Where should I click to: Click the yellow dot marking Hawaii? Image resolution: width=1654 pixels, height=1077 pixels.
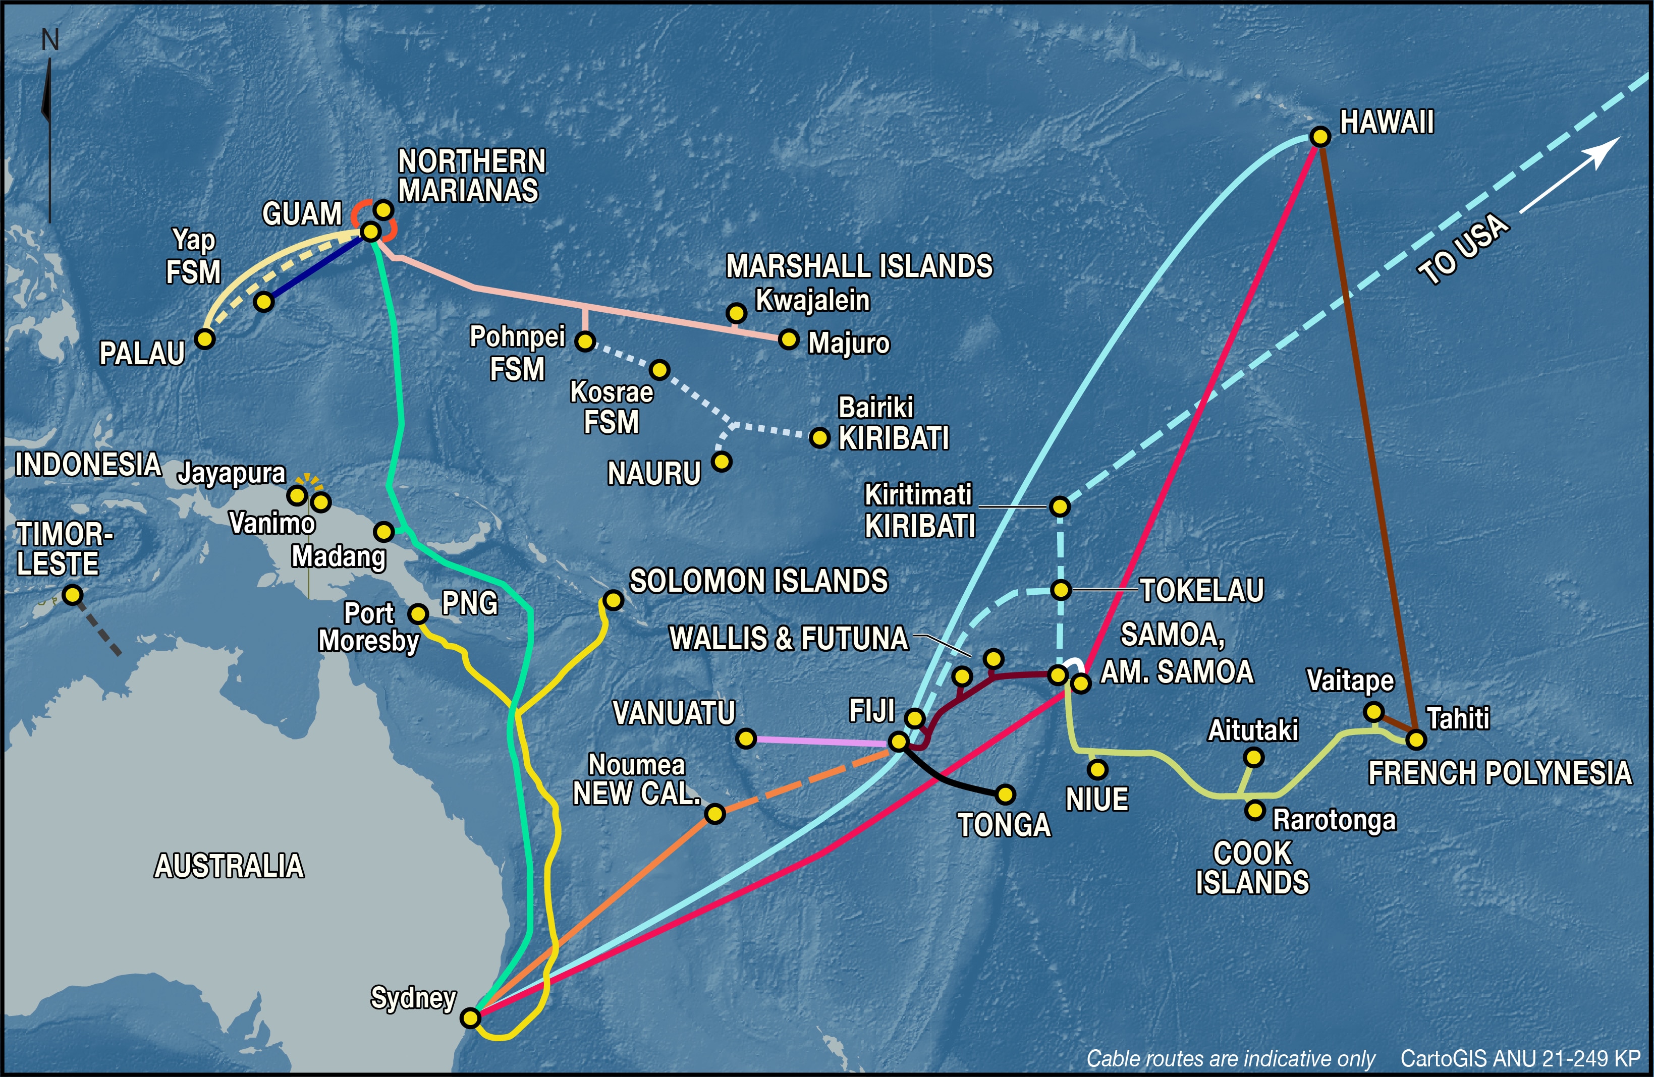(x=1320, y=137)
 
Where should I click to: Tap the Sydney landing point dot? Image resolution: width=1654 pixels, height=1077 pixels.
(x=470, y=1018)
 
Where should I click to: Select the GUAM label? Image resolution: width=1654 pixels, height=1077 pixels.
(x=302, y=214)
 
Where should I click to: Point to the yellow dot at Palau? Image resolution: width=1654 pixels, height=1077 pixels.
(x=204, y=339)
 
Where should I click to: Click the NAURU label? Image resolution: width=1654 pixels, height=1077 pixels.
(x=654, y=474)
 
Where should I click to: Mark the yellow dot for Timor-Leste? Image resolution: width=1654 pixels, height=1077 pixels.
(x=72, y=595)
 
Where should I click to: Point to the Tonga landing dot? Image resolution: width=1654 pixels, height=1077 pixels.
(x=1005, y=793)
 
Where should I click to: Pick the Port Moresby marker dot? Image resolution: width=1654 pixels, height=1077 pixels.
(x=418, y=613)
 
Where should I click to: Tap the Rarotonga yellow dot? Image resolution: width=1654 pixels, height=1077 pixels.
(x=1254, y=810)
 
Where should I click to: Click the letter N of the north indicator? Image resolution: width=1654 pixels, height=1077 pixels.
(x=50, y=40)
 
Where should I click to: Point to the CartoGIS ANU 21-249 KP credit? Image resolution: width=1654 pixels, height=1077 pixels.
(x=1520, y=1058)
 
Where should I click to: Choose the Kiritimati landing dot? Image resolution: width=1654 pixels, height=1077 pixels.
(x=1059, y=506)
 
